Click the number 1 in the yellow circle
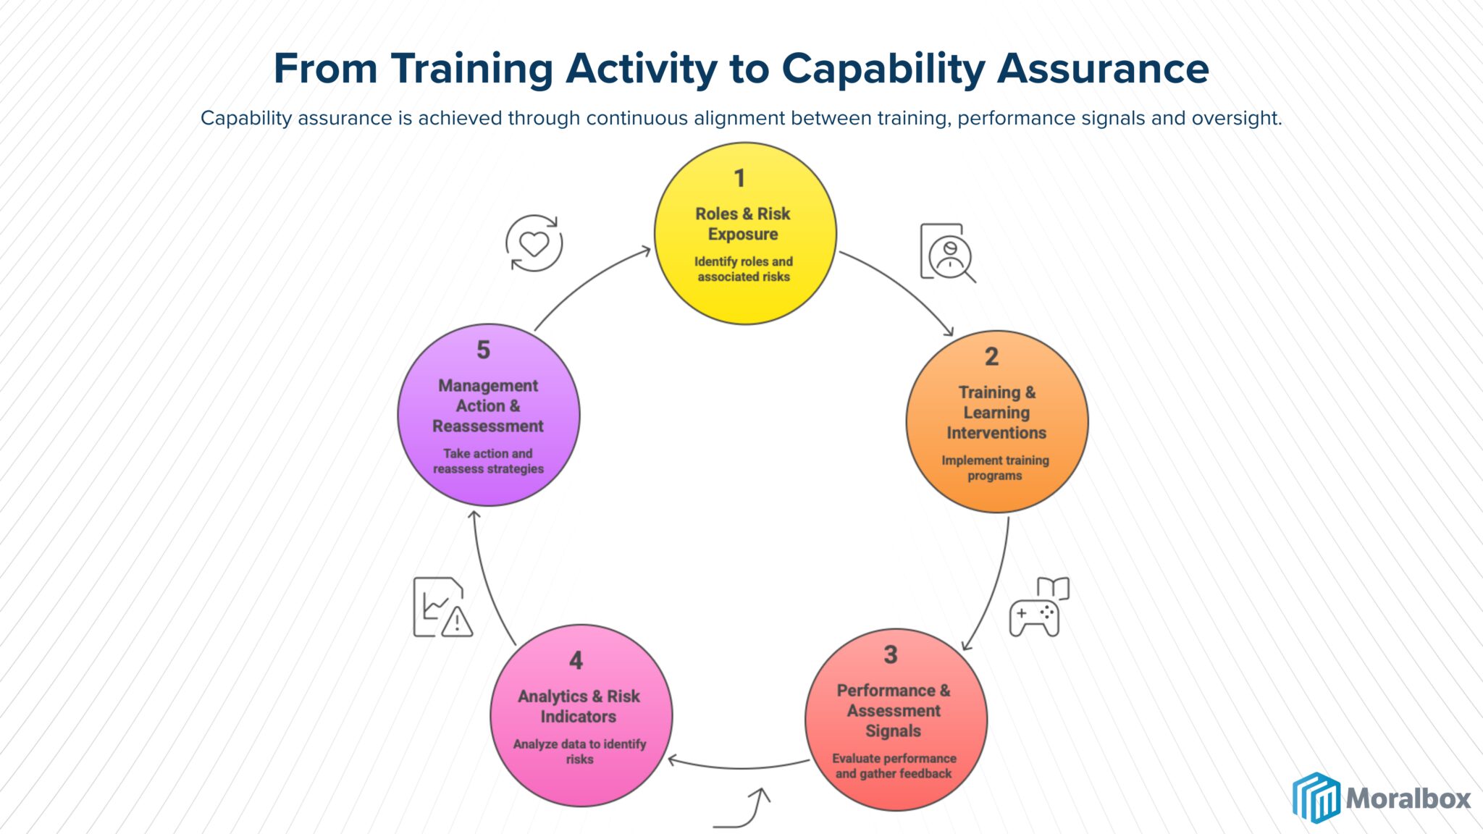tap(739, 178)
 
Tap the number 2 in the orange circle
tap(991, 356)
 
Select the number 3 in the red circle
tap(891, 654)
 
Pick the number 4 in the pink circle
tap(576, 660)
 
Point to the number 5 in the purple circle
tap(483, 350)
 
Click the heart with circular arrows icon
tap(534, 243)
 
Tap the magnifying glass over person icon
tap(946, 253)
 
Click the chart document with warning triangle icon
tap(442, 607)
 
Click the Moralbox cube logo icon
tap(1316, 798)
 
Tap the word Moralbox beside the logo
tap(1408, 799)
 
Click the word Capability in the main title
tap(883, 69)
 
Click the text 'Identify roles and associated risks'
tap(744, 269)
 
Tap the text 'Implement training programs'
tap(995, 468)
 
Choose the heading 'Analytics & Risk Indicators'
tap(579, 706)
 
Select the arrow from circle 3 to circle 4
tap(739, 766)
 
